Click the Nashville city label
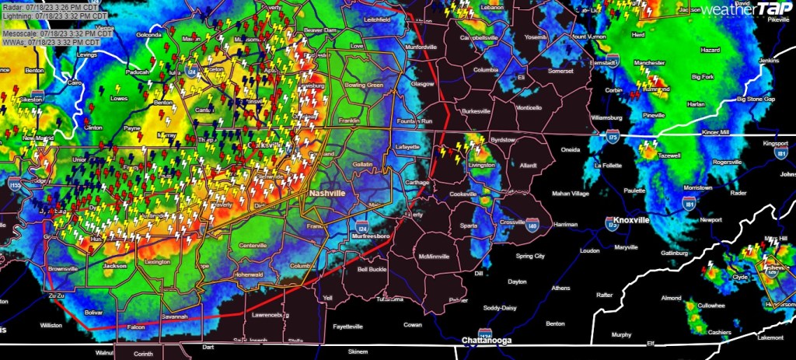pyautogui.click(x=330, y=193)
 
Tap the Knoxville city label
pyautogui.click(x=631, y=221)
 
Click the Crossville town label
pyautogui.click(x=513, y=222)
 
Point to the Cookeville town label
pyautogui.click(x=463, y=194)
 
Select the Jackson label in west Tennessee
pyautogui.click(x=114, y=265)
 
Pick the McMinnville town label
pyautogui.click(x=439, y=256)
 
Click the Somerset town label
pyautogui.click(x=560, y=71)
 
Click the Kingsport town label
pyautogui.click(x=775, y=144)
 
